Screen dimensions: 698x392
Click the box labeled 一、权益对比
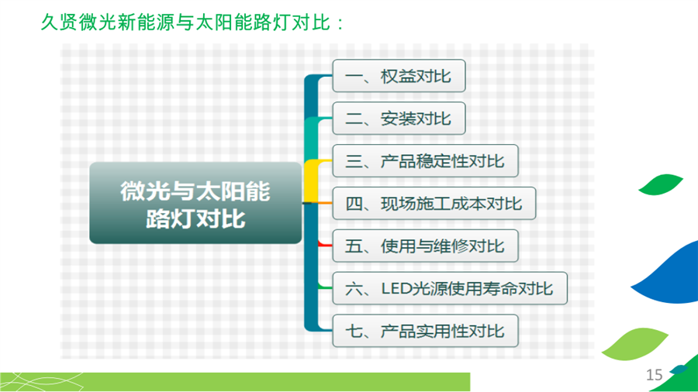pos(399,76)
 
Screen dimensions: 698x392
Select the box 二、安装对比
pos(399,119)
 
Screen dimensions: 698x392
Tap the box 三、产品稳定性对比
pos(426,161)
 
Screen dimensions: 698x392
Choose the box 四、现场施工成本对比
pos(434,204)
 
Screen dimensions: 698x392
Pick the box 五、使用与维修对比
pos(426,246)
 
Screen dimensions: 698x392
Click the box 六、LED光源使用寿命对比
pos(450,288)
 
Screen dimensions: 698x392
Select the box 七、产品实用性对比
pos(426,331)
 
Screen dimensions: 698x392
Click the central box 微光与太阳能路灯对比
pos(195,203)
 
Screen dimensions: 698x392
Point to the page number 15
pos(654,375)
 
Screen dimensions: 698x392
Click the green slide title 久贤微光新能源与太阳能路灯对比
pos(193,22)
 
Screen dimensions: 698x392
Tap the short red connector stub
pos(325,244)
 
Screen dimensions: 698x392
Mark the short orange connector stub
pos(324,203)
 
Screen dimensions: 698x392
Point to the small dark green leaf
pos(660,184)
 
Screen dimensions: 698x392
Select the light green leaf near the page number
pos(634,344)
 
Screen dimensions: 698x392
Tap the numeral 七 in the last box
pos(353,331)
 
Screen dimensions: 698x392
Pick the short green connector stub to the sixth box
pos(325,287)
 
